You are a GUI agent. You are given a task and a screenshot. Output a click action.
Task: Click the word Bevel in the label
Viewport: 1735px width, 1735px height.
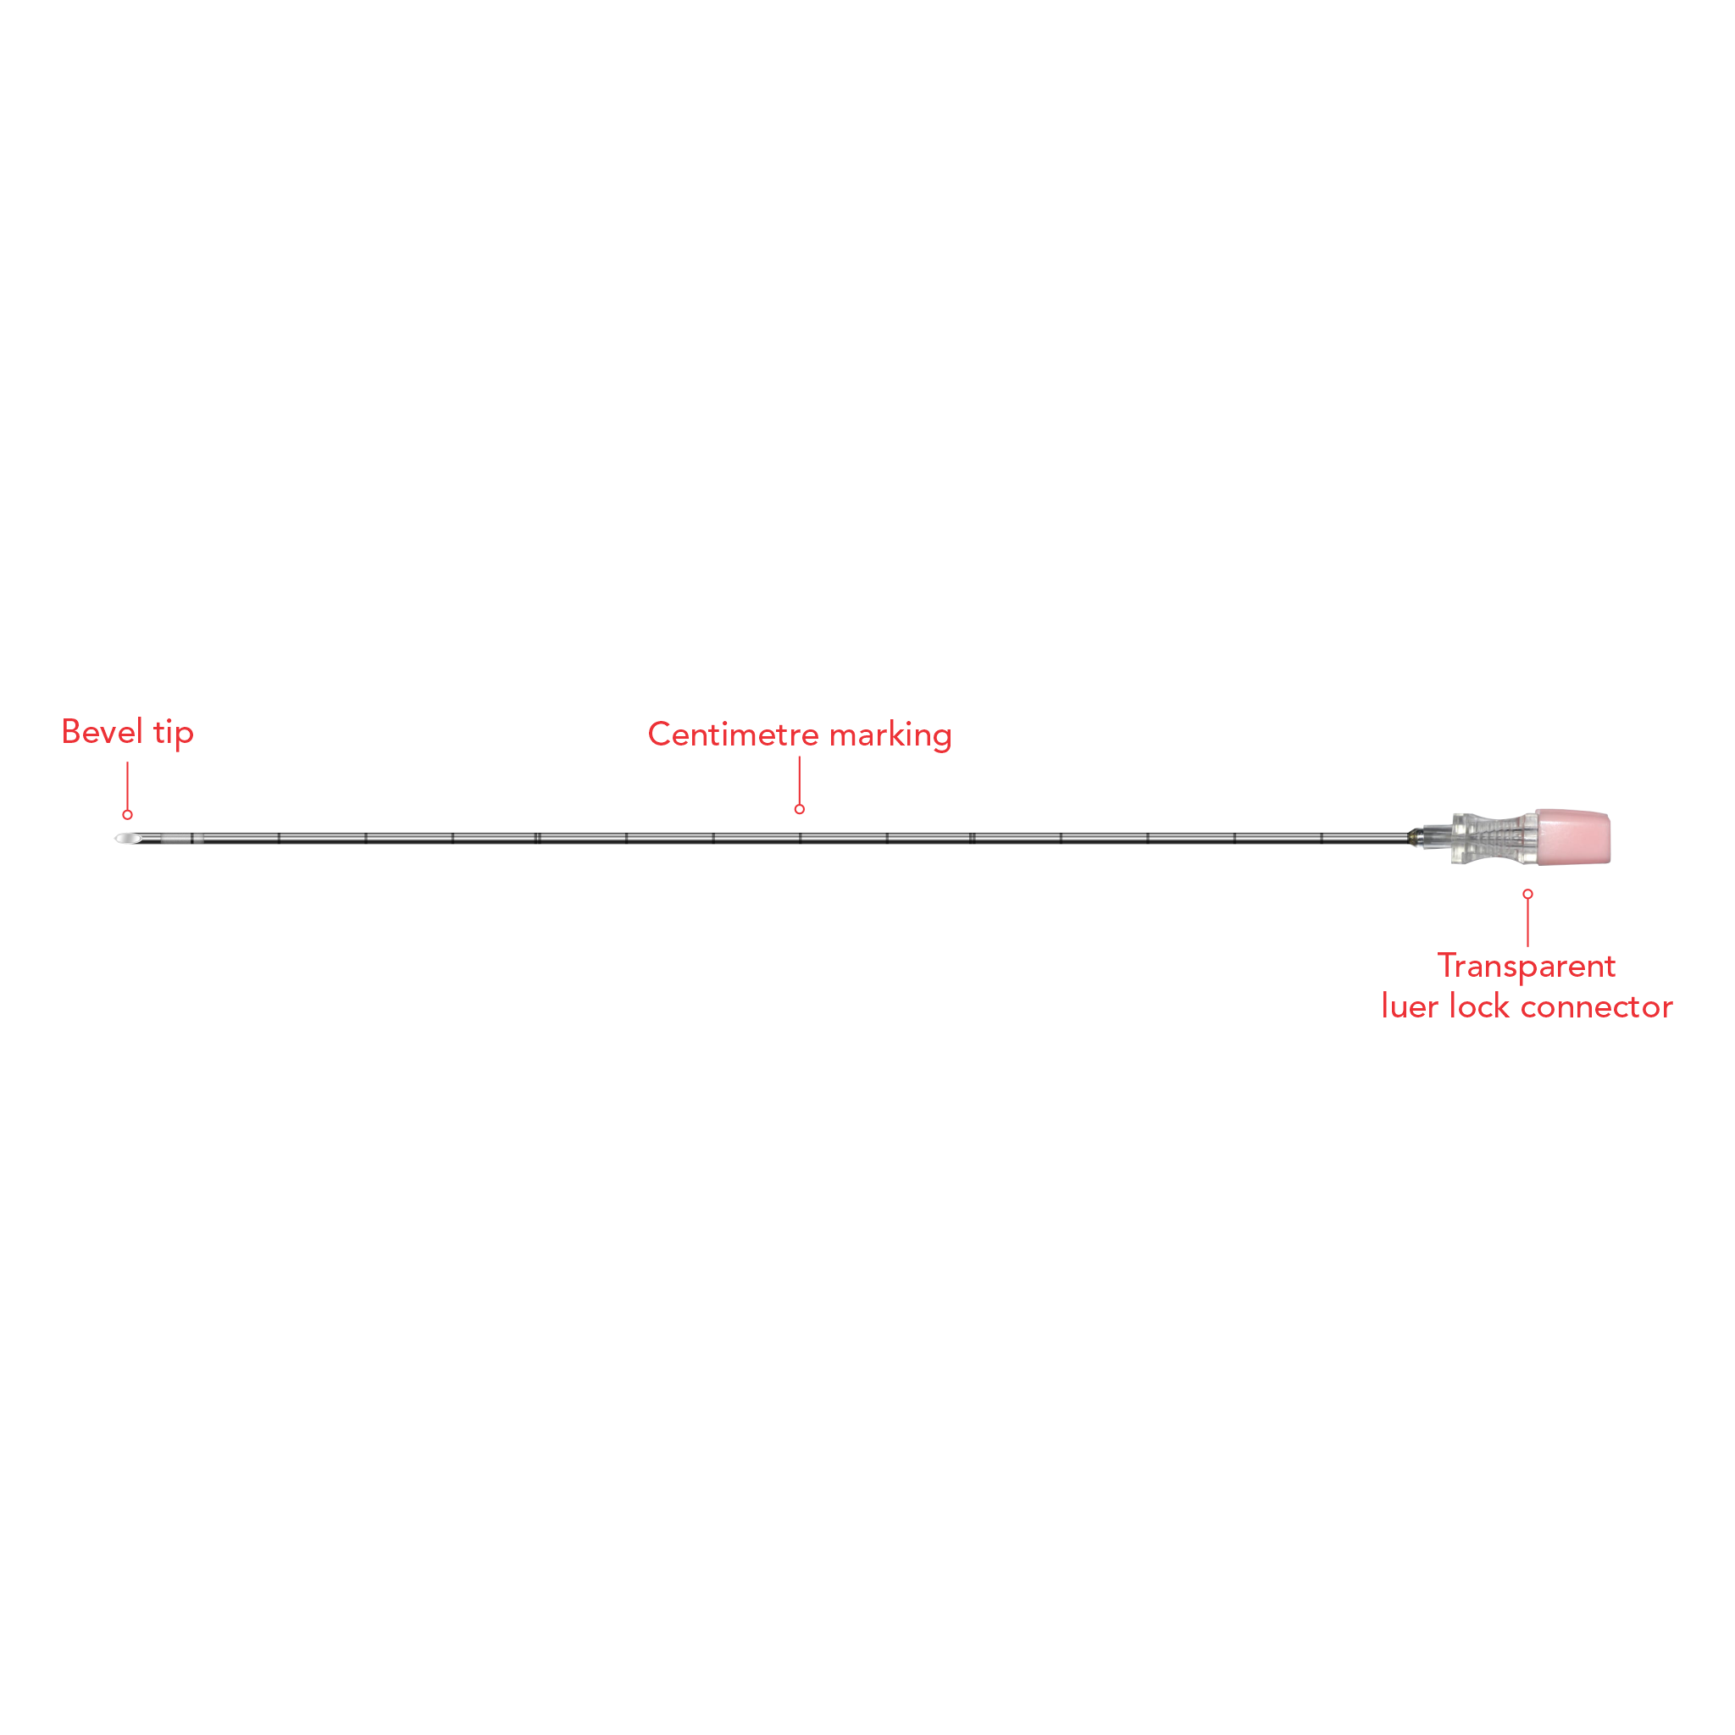tap(102, 732)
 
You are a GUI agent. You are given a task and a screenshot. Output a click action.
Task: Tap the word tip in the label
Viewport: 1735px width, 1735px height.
tap(174, 733)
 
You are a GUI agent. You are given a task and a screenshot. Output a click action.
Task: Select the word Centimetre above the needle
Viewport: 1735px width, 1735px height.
tap(733, 734)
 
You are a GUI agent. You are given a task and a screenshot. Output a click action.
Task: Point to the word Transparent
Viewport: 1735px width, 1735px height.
tap(1527, 967)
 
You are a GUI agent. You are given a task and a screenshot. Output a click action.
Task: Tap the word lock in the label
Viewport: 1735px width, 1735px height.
tap(1479, 1006)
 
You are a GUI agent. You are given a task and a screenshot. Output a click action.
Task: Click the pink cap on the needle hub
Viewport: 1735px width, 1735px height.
tap(1573, 837)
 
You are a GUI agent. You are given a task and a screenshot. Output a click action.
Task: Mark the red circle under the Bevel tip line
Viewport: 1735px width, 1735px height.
tap(128, 814)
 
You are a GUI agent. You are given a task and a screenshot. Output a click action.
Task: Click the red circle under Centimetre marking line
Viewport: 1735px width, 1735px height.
tap(799, 809)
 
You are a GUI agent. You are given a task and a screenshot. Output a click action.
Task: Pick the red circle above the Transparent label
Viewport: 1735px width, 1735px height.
tap(1527, 894)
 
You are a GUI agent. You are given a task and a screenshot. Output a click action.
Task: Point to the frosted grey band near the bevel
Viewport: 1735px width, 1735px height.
tap(177, 839)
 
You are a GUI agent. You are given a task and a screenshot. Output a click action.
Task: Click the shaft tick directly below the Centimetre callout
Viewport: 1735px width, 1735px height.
tap(800, 838)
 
